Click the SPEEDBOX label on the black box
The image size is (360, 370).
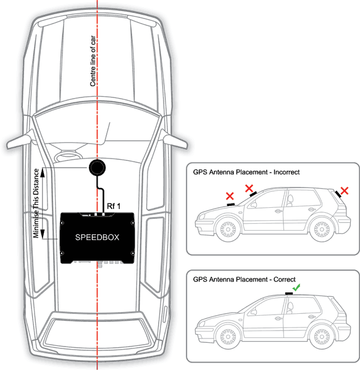tap(97, 237)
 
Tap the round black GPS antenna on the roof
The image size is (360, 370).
tap(97, 168)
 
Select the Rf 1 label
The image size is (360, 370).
tap(114, 206)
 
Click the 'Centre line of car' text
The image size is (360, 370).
tap(93, 61)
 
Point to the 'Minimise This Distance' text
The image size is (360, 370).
tap(36, 203)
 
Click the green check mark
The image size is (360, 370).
tap(296, 287)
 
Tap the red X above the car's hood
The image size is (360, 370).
tap(230, 196)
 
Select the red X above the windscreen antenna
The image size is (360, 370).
tap(249, 188)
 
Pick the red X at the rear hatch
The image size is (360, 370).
tap(345, 191)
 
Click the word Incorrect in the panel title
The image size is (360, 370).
tap(287, 172)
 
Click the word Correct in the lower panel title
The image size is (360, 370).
tap(285, 279)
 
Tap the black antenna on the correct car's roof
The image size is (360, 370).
tap(289, 294)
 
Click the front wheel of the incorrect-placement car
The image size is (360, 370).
tap(228, 229)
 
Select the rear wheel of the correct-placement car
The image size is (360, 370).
tap(322, 337)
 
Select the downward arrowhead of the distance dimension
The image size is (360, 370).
tap(43, 234)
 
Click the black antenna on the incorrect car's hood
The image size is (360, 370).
tap(230, 204)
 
